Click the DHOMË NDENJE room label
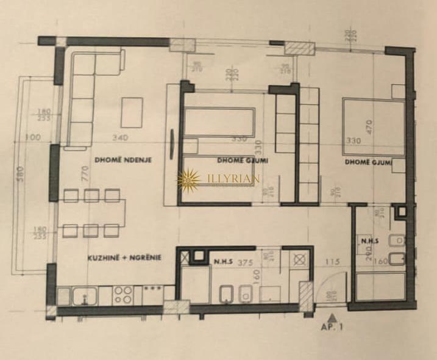(x=123, y=160)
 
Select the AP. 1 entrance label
(x=332, y=327)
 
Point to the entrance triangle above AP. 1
(x=332, y=317)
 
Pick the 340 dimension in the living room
(x=129, y=137)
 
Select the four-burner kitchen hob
(x=123, y=295)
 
